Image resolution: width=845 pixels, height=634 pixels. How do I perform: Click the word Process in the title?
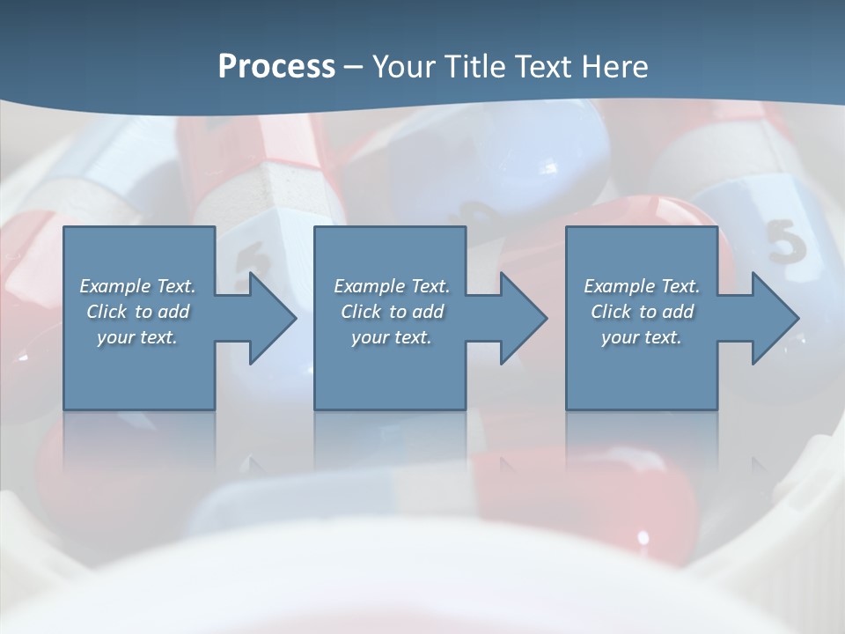tap(276, 67)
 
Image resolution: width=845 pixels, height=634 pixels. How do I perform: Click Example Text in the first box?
tap(137, 286)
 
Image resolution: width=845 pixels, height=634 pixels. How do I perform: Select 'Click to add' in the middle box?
tap(392, 312)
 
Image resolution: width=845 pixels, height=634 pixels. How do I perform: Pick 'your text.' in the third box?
tap(642, 337)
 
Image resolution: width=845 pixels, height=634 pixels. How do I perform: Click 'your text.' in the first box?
tap(137, 337)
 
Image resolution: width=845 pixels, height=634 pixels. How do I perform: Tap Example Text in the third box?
tap(642, 286)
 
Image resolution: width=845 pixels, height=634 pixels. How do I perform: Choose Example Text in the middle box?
tap(392, 286)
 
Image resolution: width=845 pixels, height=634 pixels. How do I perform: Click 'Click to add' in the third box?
tap(642, 312)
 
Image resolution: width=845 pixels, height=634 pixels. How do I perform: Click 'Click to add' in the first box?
tap(137, 312)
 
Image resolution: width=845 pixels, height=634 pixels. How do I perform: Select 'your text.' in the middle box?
tap(392, 337)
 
